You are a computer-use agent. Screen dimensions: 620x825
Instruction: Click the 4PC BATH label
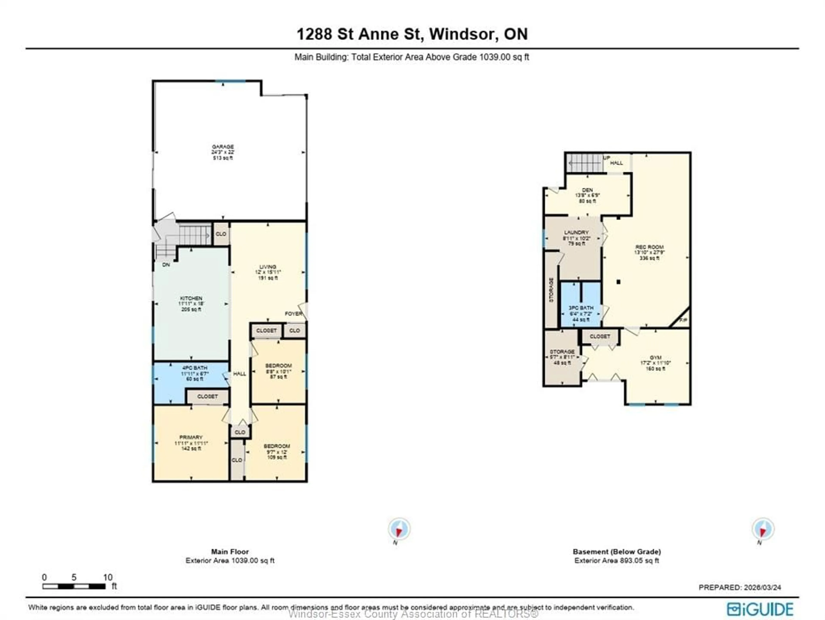(x=195, y=368)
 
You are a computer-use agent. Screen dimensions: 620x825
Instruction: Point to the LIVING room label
(x=268, y=267)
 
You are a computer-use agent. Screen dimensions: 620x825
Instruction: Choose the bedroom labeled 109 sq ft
(x=277, y=451)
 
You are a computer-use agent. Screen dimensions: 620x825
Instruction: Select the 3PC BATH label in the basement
(x=581, y=308)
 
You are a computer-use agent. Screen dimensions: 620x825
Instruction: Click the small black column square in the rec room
(x=618, y=282)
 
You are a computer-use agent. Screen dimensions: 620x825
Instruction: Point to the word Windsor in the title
(x=461, y=34)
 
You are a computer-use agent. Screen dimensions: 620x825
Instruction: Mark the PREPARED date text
(x=739, y=587)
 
